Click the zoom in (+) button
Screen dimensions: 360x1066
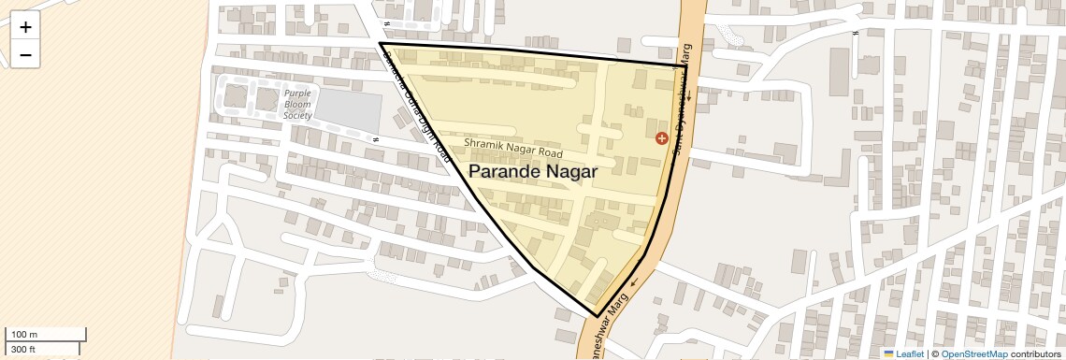pyautogui.click(x=25, y=27)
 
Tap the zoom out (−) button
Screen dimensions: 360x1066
pyautogui.click(x=25, y=54)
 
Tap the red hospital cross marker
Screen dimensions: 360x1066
pyautogui.click(x=662, y=138)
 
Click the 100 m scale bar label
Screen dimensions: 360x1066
pyautogui.click(x=25, y=335)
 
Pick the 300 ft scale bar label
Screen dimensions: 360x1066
pyautogui.click(x=23, y=350)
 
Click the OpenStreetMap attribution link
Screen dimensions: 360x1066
pyautogui.click(x=973, y=353)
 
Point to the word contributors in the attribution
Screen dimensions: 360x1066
pyautogui.click(x=1035, y=353)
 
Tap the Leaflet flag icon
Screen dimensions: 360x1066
pyautogui.click(x=889, y=353)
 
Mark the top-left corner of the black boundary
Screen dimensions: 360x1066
pyautogui.click(x=381, y=43)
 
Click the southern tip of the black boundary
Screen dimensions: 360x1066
pyautogui.click(x=597, y=317)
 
